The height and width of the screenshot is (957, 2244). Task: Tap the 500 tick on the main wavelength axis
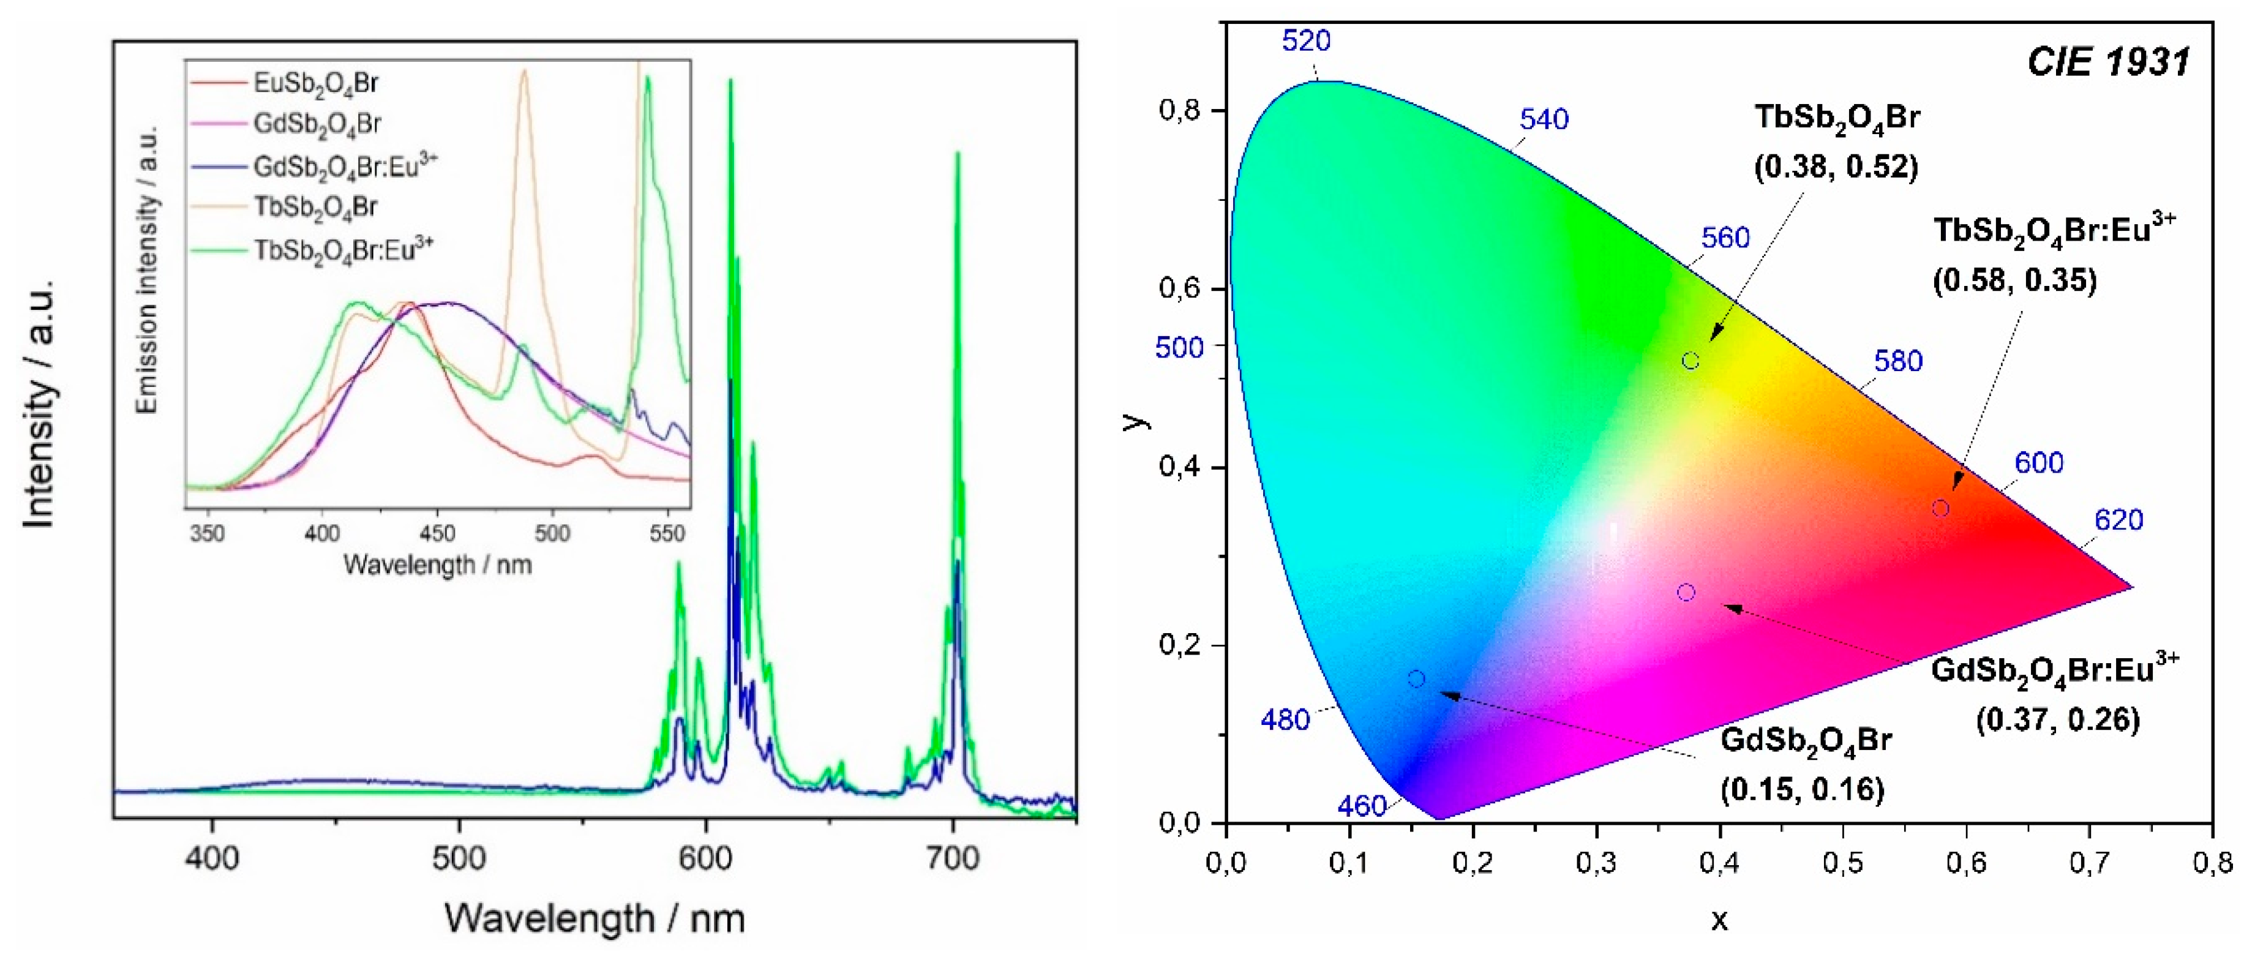(459, 858)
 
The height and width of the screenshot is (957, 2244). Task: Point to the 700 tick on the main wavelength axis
(953, 858)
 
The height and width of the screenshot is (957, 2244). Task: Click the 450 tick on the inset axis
(437, 533)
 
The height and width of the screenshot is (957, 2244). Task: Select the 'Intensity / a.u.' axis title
(39, 404)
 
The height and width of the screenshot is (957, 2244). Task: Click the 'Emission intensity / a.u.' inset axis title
(148, 270)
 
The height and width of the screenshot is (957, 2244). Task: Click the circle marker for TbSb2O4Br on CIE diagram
(1690, 361)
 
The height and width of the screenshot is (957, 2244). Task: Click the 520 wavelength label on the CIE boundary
(1306, 41)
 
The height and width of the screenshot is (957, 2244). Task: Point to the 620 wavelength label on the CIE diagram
(2118, 520)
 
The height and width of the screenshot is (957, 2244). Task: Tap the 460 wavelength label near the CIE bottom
(1362, 806)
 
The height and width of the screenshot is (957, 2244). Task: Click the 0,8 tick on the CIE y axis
(1181, 111)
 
